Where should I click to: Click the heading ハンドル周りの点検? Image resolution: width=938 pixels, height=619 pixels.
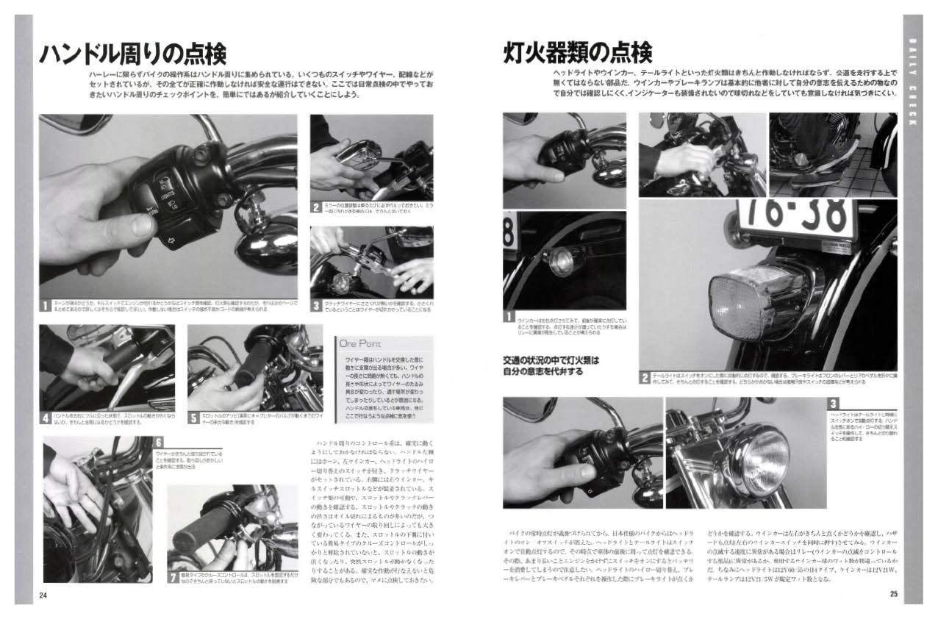pyautogui.click(x=132, y=54)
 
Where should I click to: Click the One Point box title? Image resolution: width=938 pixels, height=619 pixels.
pyautogui.click(x=360, y=343)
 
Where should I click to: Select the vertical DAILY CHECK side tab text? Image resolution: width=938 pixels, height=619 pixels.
pyautogui.click(x=912, y=81)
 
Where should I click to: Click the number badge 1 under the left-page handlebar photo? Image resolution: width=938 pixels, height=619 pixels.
pyautogui.click(x=46, y=304)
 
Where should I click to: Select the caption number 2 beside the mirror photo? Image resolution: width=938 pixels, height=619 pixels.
pyautogui.click(x=315, y=207)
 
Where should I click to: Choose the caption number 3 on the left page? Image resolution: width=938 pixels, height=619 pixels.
pyautogui.click(x=315, y=304)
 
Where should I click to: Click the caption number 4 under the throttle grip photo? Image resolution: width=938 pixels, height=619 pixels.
pyautogui.click(x=46, y=418)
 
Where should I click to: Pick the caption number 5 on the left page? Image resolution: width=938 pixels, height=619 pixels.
pyautogui.click(x=193, y=418)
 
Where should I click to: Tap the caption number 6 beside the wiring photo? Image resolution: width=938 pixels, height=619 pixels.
pyautogui.click(x=159, y=443)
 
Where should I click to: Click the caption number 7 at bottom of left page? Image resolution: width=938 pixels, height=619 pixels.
pyautogui.click(x=173, y=577)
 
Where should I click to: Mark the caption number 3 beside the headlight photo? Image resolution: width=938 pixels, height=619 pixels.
pyautogui.click(x=832, y=404)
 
